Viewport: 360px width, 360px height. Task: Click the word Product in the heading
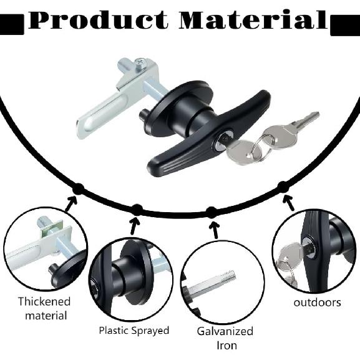(x=99, y=20)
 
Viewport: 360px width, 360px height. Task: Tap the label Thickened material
(x=44, y=308)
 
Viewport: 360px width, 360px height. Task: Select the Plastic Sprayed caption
(x=134, y=331)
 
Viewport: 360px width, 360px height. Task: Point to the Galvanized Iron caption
(x=225, y=338)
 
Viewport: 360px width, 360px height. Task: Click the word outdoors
(x=317, y=303)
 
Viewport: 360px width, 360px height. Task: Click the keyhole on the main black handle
(x=224, y=140)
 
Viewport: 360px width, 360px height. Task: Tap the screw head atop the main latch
(x=140, y=62)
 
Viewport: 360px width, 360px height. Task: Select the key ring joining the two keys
(x=263, y=147)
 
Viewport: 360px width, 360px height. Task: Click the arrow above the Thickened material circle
(x=71, y=203)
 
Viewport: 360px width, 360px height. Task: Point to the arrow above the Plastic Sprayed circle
(x=134, y=225)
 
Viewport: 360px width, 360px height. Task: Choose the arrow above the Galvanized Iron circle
(x=215, y=230)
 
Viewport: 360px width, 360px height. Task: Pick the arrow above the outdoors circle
(x=288, y=203)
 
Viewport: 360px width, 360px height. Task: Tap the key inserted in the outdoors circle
(x=291, y=253)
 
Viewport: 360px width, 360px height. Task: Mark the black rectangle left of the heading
(x=12, y=24)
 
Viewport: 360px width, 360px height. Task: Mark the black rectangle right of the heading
(x=345, y=25)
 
